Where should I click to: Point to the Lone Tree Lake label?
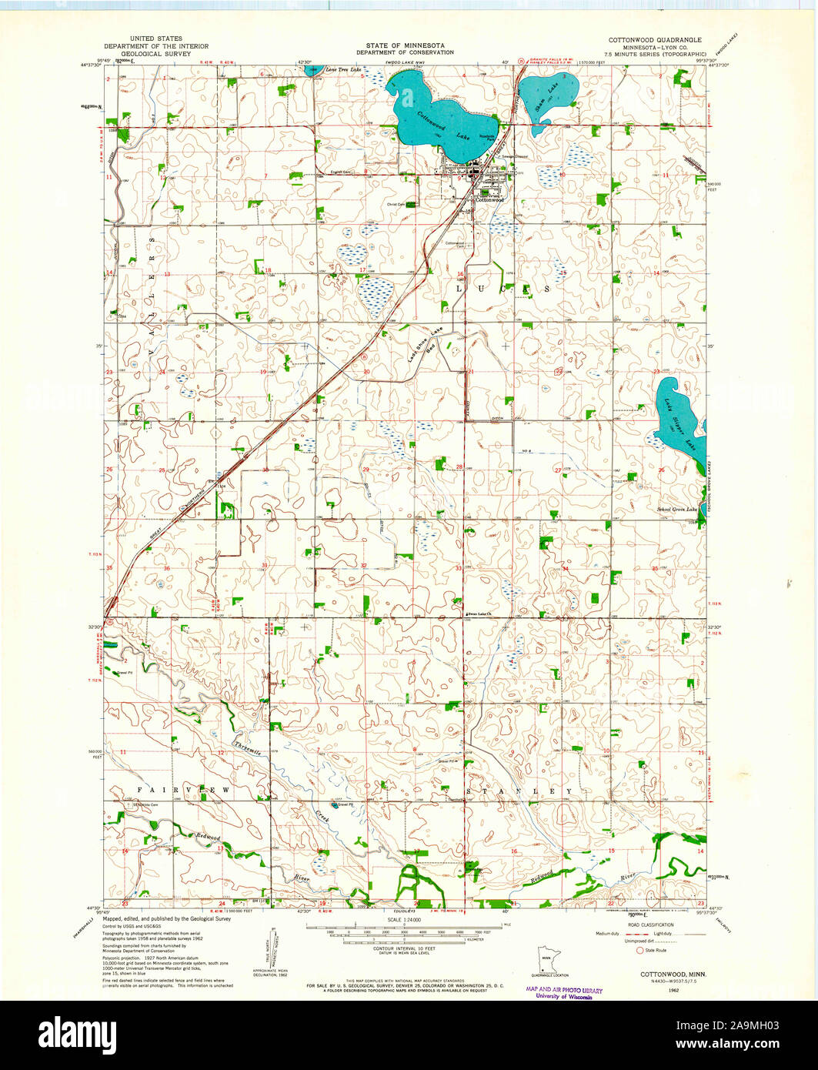pos(343,70)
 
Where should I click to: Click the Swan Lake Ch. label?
pos(479,614)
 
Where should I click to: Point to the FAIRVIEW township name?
pos(183,791)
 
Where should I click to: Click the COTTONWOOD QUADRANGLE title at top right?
pos(655,38)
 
